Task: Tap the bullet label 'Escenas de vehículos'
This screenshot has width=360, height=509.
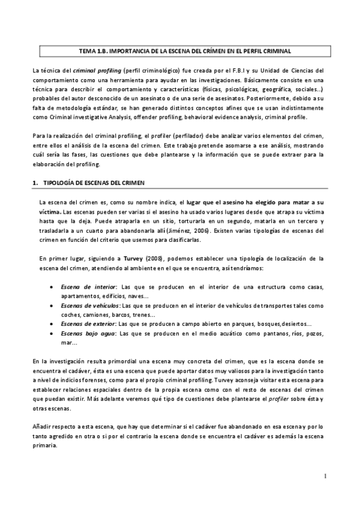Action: point(89,306)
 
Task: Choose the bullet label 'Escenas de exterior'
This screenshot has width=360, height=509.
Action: point(88,324)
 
